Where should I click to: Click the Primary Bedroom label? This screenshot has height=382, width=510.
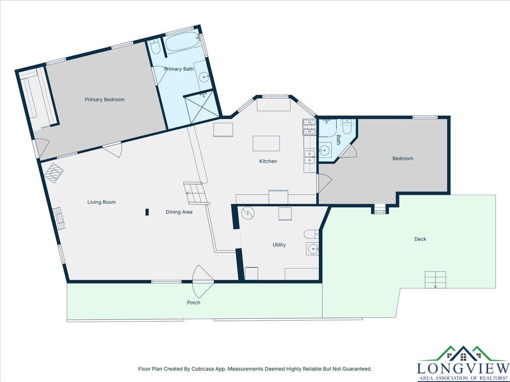click(105, 99)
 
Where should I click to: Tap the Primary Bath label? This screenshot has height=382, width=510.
click(178, 69)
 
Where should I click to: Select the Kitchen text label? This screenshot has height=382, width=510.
click(268, 161)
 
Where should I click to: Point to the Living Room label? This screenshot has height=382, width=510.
click(101, 202)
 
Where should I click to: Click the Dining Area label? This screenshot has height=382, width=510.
click(179, 212)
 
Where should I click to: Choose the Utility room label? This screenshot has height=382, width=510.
click(279, 245)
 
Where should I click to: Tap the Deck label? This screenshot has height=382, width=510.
click(420, 239)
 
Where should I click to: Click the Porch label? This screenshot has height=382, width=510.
click(193, 303)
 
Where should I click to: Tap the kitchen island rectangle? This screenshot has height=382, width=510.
click(266, 143)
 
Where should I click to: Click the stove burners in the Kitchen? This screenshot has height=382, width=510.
click(309, 127)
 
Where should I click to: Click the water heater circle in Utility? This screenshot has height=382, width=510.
click(248, 213)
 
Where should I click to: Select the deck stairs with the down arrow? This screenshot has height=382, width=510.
click(435, 280)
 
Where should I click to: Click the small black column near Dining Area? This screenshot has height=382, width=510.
click(147, 212)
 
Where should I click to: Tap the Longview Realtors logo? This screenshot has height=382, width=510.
click(463, 364)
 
